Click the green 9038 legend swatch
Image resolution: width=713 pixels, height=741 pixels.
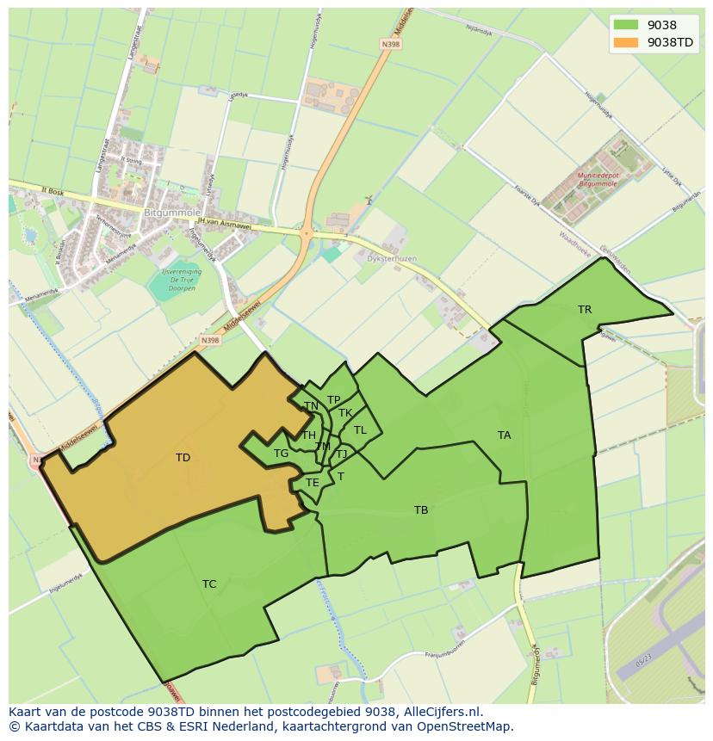(627, 25)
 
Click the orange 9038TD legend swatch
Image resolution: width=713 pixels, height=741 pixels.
(627, 42)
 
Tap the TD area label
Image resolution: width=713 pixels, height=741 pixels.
(183, 458)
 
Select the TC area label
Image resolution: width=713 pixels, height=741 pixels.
(209, 584)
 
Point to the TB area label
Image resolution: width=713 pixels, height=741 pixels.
(421, 510)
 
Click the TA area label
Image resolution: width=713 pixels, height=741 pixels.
(504, 435)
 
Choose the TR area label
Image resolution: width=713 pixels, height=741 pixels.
(585, 310)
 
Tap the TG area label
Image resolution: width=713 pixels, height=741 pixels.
(281, 454)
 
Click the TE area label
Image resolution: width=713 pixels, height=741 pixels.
(313, 483)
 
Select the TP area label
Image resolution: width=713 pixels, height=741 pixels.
(333, 399)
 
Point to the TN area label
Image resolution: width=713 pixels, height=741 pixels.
(311, 406)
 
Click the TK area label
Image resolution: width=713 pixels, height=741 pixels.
(345, 413)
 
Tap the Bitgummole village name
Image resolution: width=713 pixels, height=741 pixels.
(172, 212)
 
